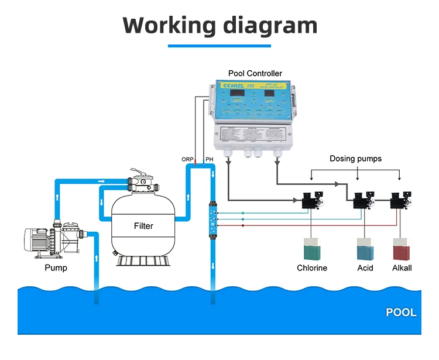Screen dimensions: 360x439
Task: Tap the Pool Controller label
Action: pyautogui.click(x=255, y=73)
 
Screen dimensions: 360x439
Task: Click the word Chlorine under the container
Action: pyautogui.click(x=311, y=268)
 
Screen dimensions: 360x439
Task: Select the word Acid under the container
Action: pyautogui.click(x=365, y=268)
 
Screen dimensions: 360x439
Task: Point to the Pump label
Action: pyautogui.click(x=56, y=268)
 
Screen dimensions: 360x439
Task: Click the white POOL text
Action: pyautogui.click(x=401, y=312)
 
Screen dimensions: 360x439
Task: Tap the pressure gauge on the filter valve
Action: pyautogui.click(x=142, y=182)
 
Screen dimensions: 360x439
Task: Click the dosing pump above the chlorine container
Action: pyautogui.click(x=311, y=200)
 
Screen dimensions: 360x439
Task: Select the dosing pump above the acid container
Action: pyautogui.click(x=362, y=200)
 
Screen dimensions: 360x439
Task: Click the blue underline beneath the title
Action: pyautogui.click(x=220, y=46)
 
